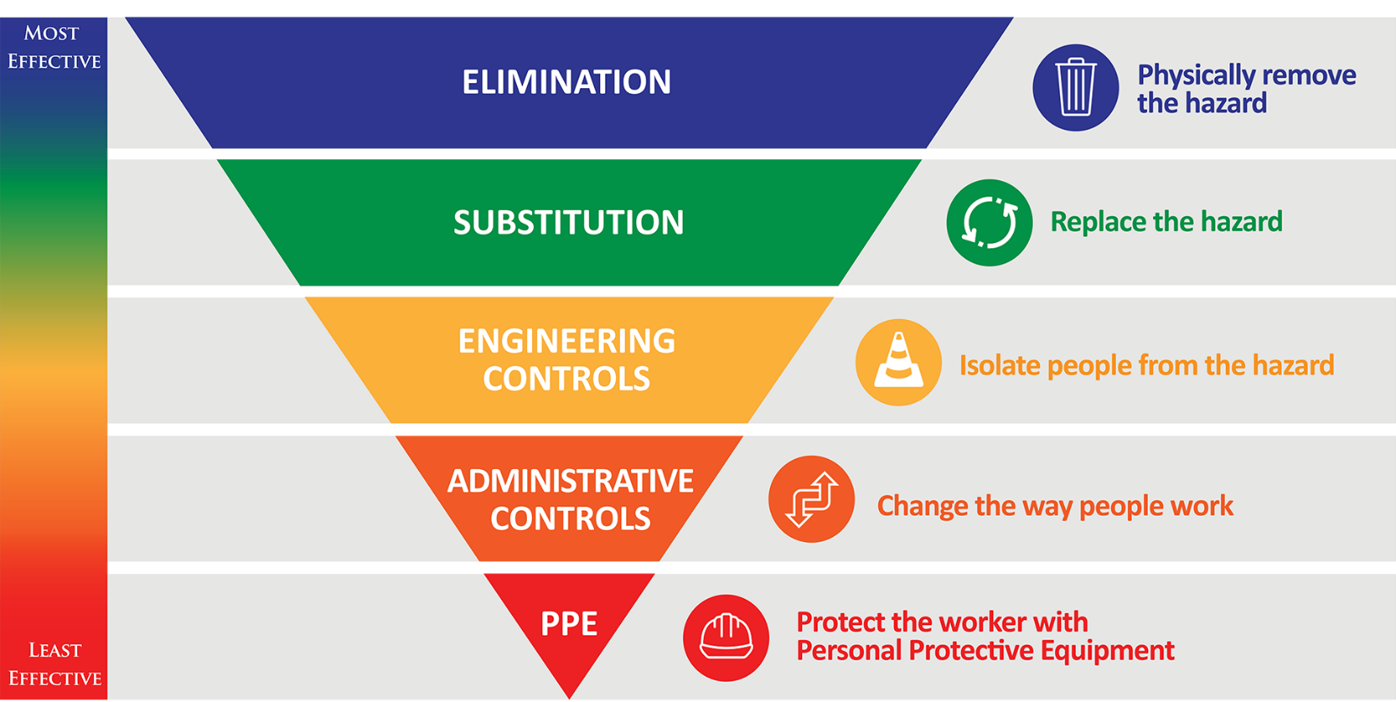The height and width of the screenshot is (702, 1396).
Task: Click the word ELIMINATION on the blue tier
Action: tap(567, 82)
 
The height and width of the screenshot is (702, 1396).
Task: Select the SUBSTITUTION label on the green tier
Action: tap(569, 222)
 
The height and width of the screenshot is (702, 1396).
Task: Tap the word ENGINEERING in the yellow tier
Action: tap(567, 340)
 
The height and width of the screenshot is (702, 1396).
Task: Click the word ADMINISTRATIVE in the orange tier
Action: tap(570, 481)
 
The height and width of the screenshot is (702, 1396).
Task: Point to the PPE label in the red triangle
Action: tap(569, 623)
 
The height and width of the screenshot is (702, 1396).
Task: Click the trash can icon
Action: tap(1075, 87)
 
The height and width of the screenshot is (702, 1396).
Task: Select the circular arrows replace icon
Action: tap(989, 223)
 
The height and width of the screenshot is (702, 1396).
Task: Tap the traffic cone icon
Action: tap(898, 362)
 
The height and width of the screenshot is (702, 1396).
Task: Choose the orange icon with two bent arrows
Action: tap(811, 500)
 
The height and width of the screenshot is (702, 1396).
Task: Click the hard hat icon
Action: tap(726, 638)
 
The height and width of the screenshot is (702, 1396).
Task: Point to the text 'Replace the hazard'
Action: tap(1166, 222)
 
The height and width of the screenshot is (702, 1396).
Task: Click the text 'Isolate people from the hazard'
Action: tap(1146, 365)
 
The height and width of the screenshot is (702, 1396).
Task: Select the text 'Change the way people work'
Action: tap(1055, 506)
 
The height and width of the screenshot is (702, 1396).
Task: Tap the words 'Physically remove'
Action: tap(1246, 75)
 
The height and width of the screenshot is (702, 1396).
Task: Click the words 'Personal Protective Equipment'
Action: tap(986, 651)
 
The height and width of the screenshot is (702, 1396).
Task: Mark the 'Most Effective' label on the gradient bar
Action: tap(53, 47)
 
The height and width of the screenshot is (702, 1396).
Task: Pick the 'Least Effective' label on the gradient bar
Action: tap(55, 664)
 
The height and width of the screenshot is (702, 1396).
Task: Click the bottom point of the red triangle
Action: tap(569, 699)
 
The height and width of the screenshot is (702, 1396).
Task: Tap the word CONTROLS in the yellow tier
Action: tap(567, 379)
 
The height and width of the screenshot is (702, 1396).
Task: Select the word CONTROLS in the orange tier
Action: tap(570, 518)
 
